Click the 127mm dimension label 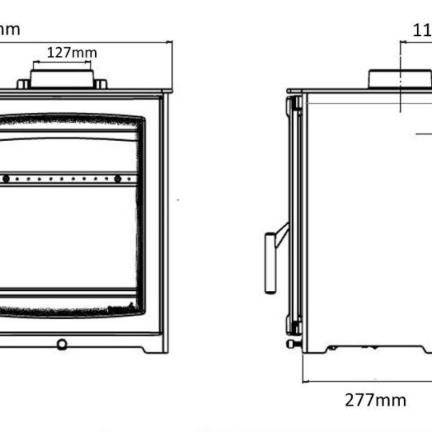pos(72,53)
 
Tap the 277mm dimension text pos(375,400)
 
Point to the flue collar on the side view pos(398,78)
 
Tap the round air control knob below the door pos(62,344)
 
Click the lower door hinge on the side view pos(295,327)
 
